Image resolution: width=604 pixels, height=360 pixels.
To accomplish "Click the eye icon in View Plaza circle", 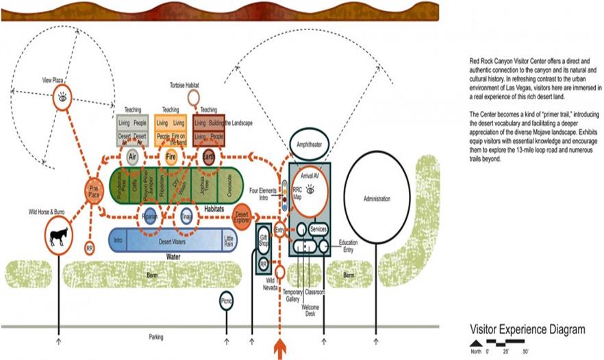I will [62, 97].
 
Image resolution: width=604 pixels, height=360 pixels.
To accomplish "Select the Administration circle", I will [377, 198].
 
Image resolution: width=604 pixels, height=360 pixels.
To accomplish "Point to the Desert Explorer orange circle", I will [242, 216].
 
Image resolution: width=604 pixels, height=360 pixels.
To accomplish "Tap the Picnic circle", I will [227, 300].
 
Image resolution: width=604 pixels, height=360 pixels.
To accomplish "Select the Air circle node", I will [133, 155].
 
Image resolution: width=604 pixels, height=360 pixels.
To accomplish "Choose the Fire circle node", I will [171, 155].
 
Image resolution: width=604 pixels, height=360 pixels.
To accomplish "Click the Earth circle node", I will [209, 155].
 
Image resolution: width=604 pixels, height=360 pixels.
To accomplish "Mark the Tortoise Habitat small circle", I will [194, 97].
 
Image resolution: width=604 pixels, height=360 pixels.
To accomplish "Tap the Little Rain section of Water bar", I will [229, 240].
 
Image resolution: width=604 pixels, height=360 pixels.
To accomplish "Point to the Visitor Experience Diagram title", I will [527, 329].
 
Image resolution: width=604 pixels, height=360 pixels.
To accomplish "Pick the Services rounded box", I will [318, 229].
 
